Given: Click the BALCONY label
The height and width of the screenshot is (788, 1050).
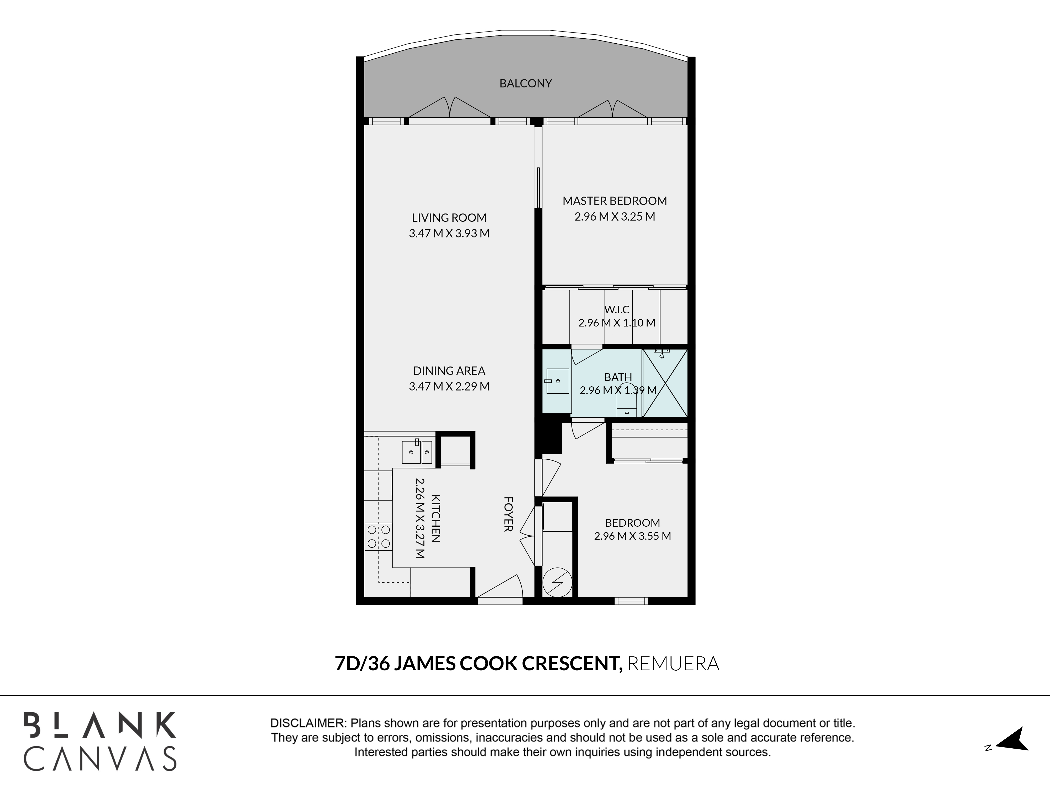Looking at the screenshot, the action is tap(526, 84).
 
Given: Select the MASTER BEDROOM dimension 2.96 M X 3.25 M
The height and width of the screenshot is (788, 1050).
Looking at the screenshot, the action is tap(615, 217).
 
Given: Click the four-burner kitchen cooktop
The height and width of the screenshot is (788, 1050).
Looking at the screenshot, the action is tap(378, 537).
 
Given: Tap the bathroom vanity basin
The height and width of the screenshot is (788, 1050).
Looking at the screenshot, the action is tap(557, 381).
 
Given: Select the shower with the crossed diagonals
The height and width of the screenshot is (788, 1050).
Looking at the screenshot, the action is tap(665, 383).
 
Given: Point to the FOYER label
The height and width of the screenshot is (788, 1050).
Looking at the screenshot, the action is tap(508, 514).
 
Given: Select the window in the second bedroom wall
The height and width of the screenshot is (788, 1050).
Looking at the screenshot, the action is tap(631, 601).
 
